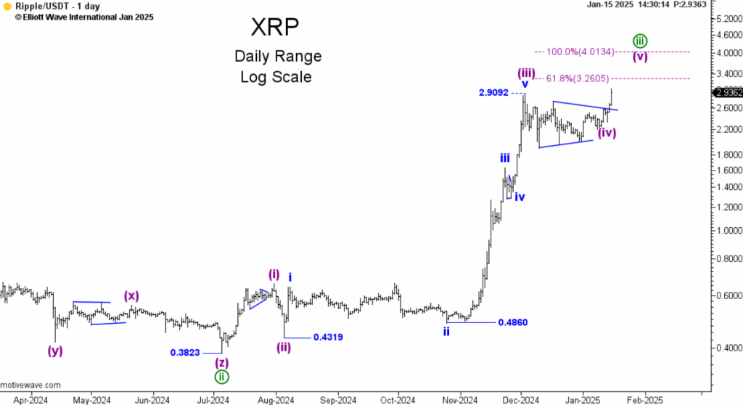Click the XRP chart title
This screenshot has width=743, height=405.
click(x=275, y=28)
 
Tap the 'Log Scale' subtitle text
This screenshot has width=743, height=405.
click(x=276, y=76)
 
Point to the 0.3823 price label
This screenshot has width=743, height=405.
click(x=186, y=352)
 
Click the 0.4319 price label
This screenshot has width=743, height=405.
click(x=328, y=337)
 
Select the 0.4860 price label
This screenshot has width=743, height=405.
click(x=512, y=322)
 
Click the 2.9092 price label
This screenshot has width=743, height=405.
click(x=494, y=93)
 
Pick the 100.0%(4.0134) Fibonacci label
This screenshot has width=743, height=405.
click(x=580, y=52)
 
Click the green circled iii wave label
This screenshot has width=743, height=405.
click(x=639, y=40)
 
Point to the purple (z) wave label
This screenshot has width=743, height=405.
click(x=222, y=361)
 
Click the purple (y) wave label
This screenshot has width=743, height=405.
click(x=55, y=351)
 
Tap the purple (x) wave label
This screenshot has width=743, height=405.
click(x=131, y=295)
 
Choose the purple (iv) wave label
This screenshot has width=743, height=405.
click(x=607, y=133)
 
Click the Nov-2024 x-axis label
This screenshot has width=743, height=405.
click(x=459, y=399)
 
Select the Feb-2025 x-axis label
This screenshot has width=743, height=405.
click(x=645, y=399)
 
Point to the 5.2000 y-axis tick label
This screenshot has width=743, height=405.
click(x=726, y=18)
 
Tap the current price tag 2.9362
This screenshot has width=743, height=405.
click(x=727, y=92)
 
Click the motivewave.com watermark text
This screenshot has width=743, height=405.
click(x=30, y=385)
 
